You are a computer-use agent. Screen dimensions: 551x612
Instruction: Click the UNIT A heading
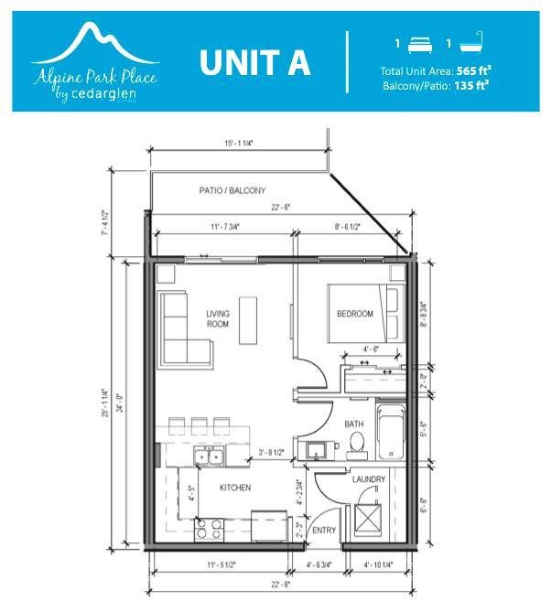click(x=255, y=62)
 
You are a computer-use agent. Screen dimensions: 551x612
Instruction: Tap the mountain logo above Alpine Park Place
click(x=95, y=44)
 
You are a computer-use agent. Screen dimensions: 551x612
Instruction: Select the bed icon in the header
click(x=420, y=45)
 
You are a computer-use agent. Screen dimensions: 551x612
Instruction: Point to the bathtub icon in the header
click(x=472, y=42)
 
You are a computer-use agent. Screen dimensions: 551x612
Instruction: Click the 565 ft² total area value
click(x=473, y=70)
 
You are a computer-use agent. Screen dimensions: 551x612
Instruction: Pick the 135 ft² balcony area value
click(x=471, y=85)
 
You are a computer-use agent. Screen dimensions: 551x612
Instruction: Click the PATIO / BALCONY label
click(x=232, y=190)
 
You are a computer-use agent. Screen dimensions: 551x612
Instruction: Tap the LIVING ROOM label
click(x=218, y=318)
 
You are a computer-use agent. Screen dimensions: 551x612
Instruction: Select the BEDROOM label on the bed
click(x=354, y=314)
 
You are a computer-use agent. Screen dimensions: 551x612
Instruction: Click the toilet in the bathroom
click(x=357, y=446)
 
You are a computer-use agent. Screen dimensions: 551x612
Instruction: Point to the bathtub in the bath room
click(x=392, y=432)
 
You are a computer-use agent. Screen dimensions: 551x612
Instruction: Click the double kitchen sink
click(x=210, y=456)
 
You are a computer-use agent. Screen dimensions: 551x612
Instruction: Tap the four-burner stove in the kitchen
click(x=209, y=530)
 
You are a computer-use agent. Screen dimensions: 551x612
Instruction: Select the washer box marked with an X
click(x=367, y=519)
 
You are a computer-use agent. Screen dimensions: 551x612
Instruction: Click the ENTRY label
click(x=324, y=530)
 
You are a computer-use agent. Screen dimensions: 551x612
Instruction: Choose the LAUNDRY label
click(x=369, y=479)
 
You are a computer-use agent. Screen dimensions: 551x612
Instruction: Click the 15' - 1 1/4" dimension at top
click(x=239, y=143)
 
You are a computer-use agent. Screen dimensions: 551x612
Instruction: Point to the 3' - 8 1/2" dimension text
click(x=272, y=452)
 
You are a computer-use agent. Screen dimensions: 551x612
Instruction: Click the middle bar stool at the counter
click(x=200, y=426)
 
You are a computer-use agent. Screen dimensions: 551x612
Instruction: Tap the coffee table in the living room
click(x=248, y=320)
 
